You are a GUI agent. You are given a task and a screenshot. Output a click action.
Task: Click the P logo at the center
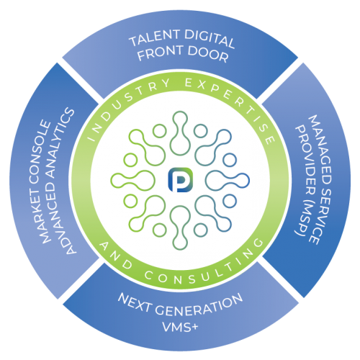[181, 180]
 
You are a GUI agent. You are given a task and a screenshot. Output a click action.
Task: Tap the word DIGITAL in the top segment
[210, 39]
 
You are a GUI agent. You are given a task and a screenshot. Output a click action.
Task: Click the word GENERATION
[199, 307]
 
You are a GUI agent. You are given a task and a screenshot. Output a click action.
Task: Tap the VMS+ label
[181, 326]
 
